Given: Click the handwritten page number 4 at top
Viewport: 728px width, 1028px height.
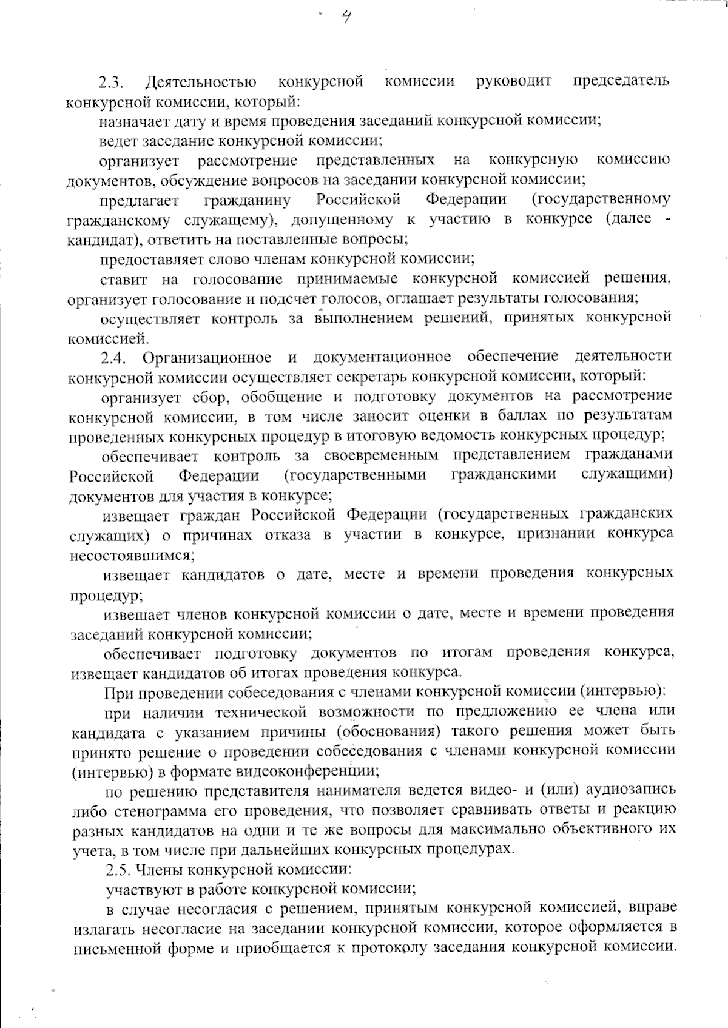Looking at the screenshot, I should tap(346, 18).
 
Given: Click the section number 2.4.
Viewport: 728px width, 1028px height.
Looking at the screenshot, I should tap(113, 358).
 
